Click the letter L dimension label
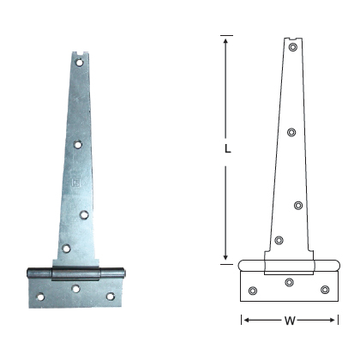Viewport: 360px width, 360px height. [x=226, y=147]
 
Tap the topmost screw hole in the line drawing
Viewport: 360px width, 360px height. [x=293, y=49]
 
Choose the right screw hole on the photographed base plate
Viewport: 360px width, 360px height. [x=110, y=297]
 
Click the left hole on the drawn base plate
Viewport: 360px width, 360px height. [x=252, y=291]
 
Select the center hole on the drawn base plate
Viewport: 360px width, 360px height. [x=289, y=282]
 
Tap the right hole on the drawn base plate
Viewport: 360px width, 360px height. [x=325, y=290]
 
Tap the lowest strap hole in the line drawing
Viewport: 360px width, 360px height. [x=279, y=240]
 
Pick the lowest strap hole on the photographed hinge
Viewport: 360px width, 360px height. [x=65, y=249]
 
